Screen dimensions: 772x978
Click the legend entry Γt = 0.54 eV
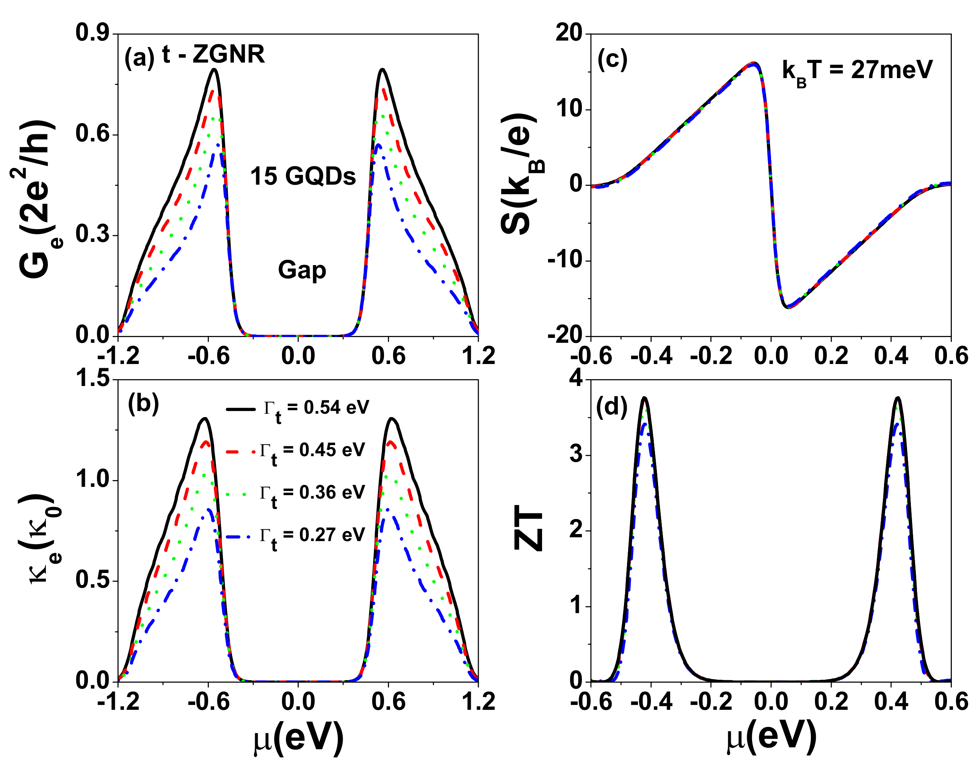click(x=317, y=408)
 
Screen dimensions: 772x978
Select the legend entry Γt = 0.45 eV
click(x=312, y=450)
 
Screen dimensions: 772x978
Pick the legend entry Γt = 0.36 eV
click(x=312, y=493)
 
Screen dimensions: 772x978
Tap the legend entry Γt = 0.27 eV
click(x=312, y=536)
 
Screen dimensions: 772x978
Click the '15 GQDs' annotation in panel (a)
click(x=303, y=176)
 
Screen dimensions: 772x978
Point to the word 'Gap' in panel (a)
click(x=302, y=270)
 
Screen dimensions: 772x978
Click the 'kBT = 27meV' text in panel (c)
click(x=857, y=71)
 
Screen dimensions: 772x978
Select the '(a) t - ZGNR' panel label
click(x=194, y=55)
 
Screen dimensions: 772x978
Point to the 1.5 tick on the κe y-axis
click(x=92, y=378)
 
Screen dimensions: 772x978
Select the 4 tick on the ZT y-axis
click(x=575, y=378)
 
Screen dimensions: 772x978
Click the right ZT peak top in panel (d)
click(x=898, y=398)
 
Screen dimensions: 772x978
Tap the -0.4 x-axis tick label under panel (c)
click(x=651, y=356)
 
